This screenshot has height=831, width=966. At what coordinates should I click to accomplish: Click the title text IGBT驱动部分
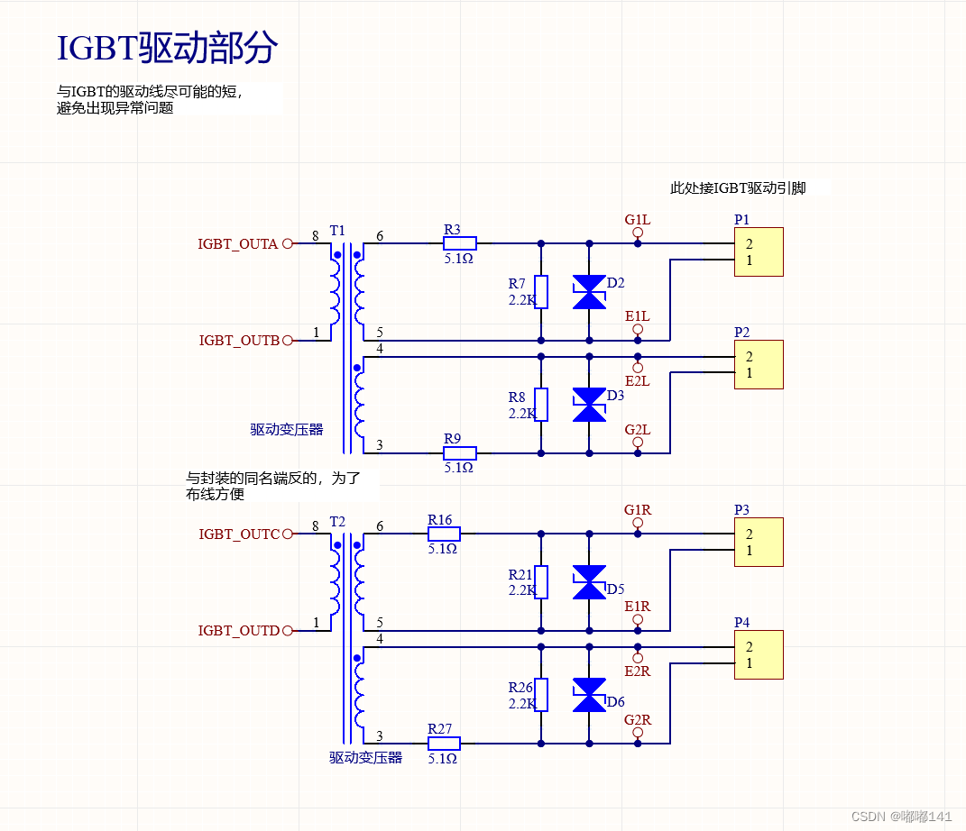coord(167,49)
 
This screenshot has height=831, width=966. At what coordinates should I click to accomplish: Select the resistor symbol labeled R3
coord(460,242)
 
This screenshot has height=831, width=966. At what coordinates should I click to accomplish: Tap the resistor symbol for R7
coord(541,292)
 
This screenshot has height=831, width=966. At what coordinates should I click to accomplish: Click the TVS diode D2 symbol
coord(590,292)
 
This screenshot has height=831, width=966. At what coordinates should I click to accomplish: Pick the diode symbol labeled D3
coord(590,405)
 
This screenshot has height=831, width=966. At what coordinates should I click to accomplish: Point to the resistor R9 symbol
coord(460,452)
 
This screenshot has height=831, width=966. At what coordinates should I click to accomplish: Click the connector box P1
coord(759,252)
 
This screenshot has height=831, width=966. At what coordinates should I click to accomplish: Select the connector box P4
coord(759,654)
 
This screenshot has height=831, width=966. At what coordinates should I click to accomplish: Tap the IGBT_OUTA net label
coord(238,243)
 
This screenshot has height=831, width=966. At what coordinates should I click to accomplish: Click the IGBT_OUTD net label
coord(239,631)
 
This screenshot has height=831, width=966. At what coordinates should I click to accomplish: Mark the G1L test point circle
coord(638,232)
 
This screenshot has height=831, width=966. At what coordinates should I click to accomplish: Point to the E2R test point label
coord(637,671)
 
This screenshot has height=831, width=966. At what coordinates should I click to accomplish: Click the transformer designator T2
coord(337,522)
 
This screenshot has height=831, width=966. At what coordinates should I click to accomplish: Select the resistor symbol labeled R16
coord(444,534)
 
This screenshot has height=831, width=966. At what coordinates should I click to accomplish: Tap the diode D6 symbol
coord(590,695)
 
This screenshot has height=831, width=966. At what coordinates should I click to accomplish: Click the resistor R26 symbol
coord(541,695)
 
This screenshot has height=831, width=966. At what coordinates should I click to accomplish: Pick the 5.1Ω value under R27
coord(442,759)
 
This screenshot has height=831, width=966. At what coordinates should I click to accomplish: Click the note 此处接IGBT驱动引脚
coord(738,188)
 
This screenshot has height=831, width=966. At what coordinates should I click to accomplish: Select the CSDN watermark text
coord(901,816)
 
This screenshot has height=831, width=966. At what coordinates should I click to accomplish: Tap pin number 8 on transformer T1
coord(315,236)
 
